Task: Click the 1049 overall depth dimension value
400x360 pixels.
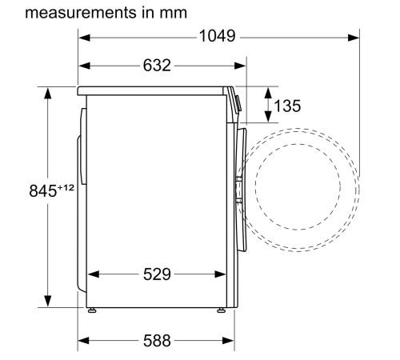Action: [217, 37]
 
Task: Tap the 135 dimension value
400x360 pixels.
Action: [287, 106]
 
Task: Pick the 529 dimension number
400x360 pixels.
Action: [156, 274]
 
